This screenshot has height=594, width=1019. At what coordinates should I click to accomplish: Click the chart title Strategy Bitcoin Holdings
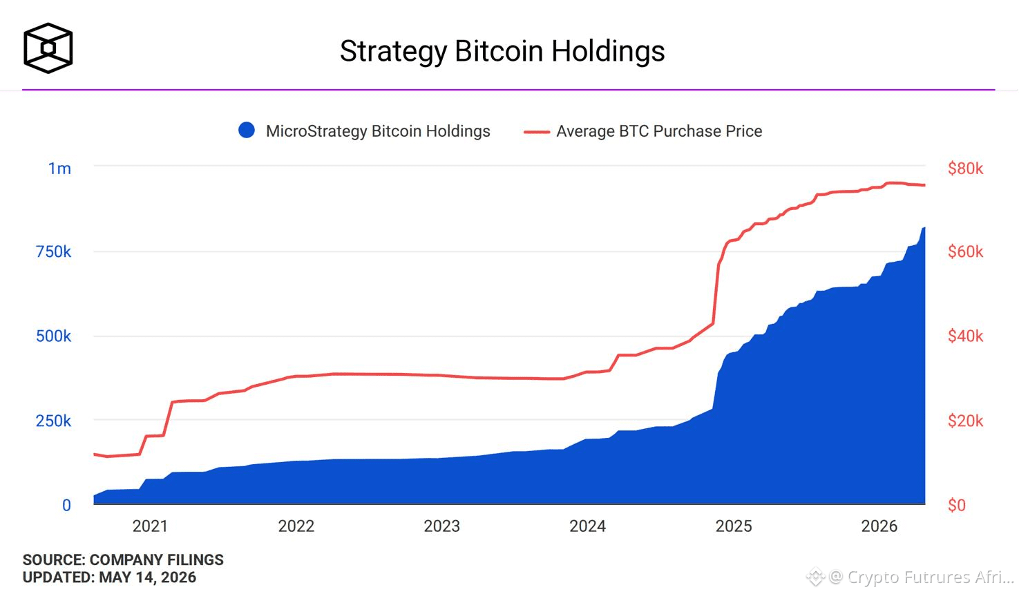pyautogui.click(x=502, y=51)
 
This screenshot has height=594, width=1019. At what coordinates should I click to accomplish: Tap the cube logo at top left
pyautogui.click(x=48, y=48)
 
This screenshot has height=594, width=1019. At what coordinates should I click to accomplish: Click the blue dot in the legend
pyautogui.click(x=247, y=130)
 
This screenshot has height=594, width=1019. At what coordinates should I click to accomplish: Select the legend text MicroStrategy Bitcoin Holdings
pyautogui.click(x=378, y=131)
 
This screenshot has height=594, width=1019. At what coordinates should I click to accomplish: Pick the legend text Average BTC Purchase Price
pyautogui.click(x=659, y=131)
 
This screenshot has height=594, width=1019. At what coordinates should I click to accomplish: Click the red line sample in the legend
pyautogui.click(x=537, y=132)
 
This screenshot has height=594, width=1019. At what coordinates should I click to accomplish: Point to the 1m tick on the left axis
pyautogui.click(x=59, y=169)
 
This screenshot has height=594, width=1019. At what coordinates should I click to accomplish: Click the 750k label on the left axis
pyautogui.click(x=53, y=251)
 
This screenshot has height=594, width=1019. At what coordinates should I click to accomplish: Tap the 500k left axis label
pyautogui.click(x=53, y=336)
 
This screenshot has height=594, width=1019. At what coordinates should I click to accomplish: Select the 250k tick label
pyautogui.click(x=53, y=421)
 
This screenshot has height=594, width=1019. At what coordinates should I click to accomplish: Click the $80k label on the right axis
pyautogui.click(x=965, y=169)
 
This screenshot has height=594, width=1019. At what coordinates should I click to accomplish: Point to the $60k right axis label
pyautogui.click(x=965, y=251)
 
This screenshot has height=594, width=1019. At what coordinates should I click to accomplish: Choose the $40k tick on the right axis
pyautogui.click(x=965, y=336)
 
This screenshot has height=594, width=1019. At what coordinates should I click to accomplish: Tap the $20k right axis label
pyautogui.click(x=965, y=421)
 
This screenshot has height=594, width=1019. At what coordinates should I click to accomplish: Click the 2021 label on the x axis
pyautogui.click(x=150, y=526)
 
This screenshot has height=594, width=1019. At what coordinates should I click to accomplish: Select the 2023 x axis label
pyautogui.click(x=441, y=526)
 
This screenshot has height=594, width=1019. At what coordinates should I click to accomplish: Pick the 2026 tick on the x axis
pyautogui.click(x=879, y=526)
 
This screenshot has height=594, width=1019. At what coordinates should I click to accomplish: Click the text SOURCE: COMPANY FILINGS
pyautogui.click(x=123, y=560)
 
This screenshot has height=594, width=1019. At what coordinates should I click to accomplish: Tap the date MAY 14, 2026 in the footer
pyautogui.click(x=147, y=577)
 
